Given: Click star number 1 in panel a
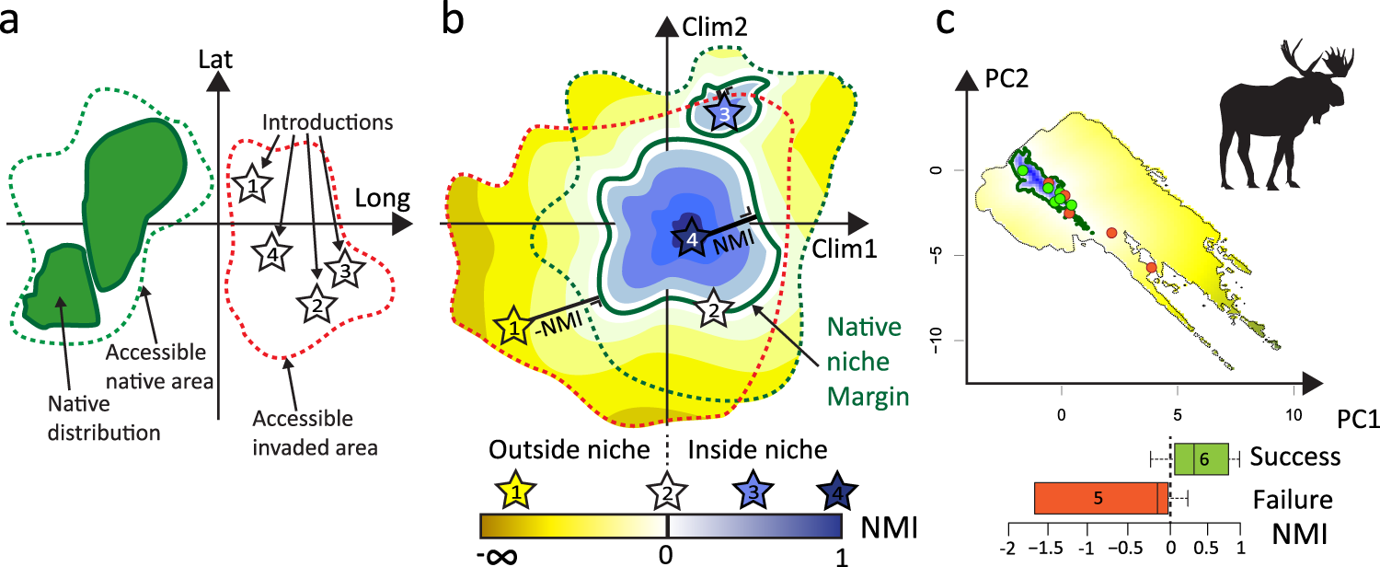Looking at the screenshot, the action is tap(251, 184).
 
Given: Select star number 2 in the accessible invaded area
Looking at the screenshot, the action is tap(316, 304).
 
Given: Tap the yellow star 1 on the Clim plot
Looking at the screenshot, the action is tap(513, 327).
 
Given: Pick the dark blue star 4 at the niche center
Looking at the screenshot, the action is tap(692, 237).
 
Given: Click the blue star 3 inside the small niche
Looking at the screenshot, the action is tap(724, 112).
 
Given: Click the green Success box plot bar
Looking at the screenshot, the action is tap(1202, 459).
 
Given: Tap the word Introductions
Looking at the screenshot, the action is tap(328, 122).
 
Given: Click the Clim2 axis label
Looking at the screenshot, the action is tap(715, 27).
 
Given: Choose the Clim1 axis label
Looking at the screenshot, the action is tap(844, 249).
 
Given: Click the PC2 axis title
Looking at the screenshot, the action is tap(1006, 79).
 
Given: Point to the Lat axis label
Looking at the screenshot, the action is tap(215, 60).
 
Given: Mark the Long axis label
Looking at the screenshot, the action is tap(382, 199).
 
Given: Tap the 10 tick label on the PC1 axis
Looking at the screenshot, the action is tap(1294, 415).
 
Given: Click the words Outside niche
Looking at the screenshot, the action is tap(569, 450).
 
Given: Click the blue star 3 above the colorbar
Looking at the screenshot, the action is tap(753, 492).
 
